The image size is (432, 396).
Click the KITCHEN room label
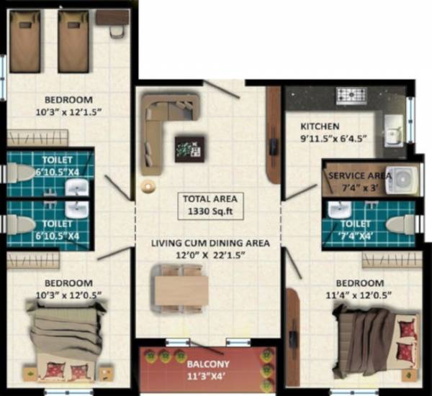(x=320, y=126)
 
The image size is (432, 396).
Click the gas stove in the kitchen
(x=351, y=96)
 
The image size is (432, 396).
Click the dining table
(x=181, y=290)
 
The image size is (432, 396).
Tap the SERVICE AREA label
(x=359, y=176)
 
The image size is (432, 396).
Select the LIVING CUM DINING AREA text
(x=210, y=243)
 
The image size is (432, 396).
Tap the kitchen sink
(x=394, y=129)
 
